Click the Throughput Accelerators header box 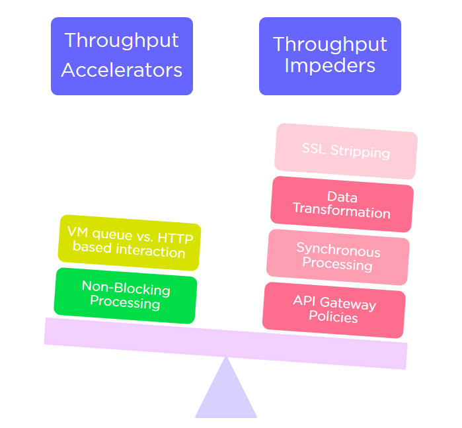(x=122, y=56)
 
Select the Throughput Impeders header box (x=330, y=56)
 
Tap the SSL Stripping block (x=346, y=151)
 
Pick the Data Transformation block (x=342, y=204)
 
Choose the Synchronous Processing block (x=338, y=257)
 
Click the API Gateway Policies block (x=334, y=310)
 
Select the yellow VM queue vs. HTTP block (x=129, y=242)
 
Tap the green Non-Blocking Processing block (x=125, y=295)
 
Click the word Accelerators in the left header (x=122, y=69)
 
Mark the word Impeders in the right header (x=330, y=66)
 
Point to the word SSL (x=315, y=148)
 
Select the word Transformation (x=342, y=212)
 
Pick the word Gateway (x=349, y=304)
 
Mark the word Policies (x=333, y=318)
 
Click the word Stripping (x=360, y=152)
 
